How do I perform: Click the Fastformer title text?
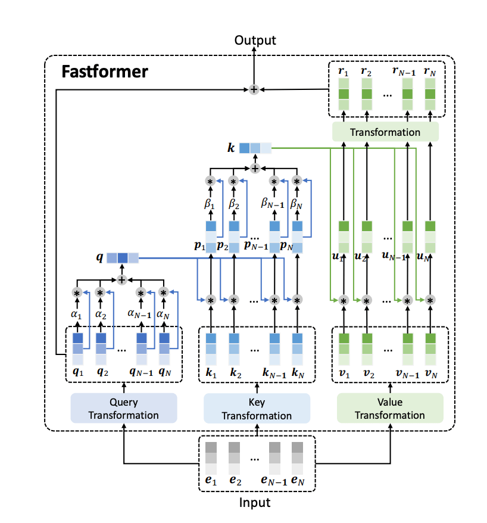[x=105, y=73]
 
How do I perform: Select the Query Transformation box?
[x=124, y=407]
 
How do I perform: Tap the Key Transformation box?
[x=257, y=408]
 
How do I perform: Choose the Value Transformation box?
[x=390, y=407]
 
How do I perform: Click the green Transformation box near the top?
[x=385, y=132]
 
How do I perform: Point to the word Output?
[x=255, y=41]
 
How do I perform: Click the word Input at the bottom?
[x=255, y=503]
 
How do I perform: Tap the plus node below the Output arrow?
[x=254, y=89]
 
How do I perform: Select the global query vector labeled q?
[x=123, y=258]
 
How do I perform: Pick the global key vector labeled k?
[x=255, y=147]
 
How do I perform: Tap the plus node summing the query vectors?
[x=122, y=279]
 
